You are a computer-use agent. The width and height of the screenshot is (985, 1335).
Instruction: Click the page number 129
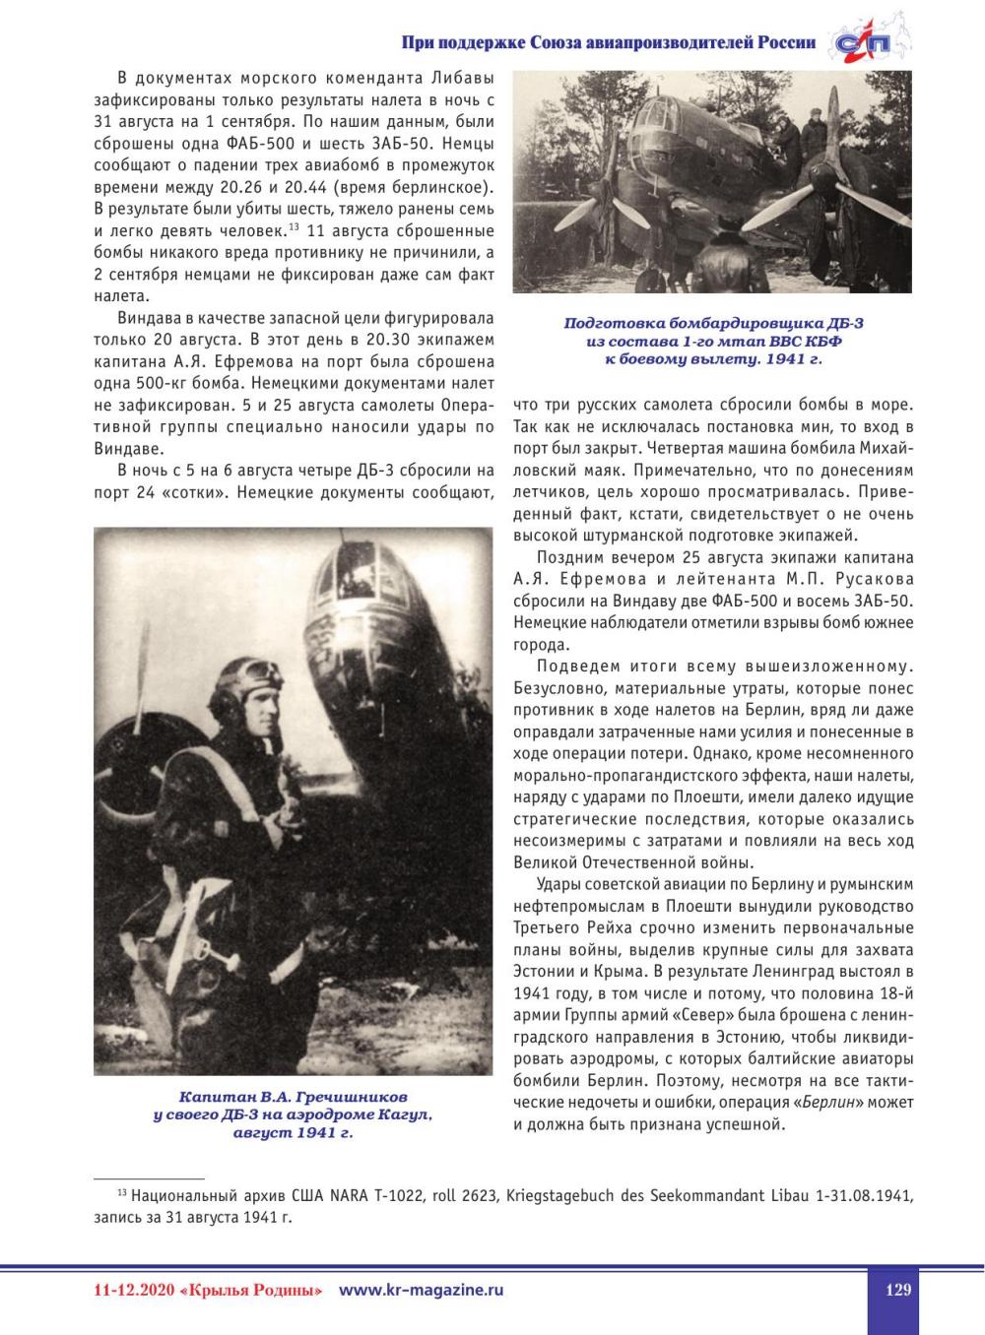(897, 1290)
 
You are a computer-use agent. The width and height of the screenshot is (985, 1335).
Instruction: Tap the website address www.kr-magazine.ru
(421, 1290)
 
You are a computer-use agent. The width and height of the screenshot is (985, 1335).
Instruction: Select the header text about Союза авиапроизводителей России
(609, 42)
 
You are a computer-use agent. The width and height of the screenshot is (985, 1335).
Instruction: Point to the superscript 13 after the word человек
(294, 228)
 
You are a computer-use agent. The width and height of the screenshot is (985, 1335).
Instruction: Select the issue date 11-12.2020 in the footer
(130, 1290)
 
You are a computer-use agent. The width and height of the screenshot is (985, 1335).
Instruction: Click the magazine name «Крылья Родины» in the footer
(252, 1290)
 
